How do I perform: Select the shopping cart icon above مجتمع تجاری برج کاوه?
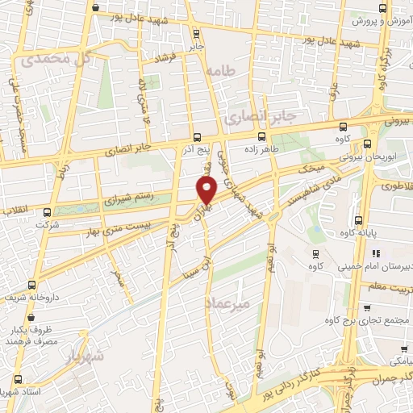366,307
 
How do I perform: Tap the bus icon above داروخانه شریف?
32,284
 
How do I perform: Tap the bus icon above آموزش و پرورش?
339,15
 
